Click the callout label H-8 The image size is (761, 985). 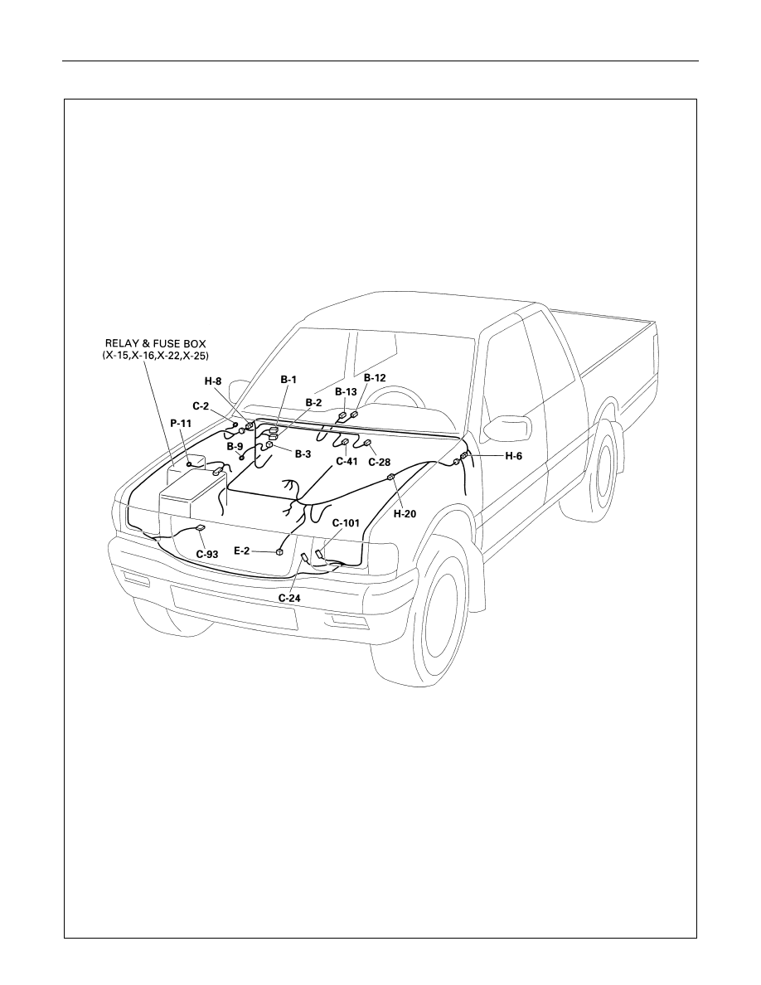tap(213, 381)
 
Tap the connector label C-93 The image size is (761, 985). tap(207, 554)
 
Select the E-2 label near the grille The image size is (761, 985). tap(242, 551)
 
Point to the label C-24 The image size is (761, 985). tap(289, 598)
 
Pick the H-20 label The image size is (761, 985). tap(405, 513)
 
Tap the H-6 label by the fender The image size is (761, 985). tap(514, 456)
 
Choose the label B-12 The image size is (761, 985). tap(375, 378)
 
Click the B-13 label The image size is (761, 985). tap(346, 391)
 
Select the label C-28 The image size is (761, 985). tap(379, 463)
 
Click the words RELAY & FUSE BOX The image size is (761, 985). tap(155, 344)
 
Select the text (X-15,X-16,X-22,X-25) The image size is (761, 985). tap(156, 356)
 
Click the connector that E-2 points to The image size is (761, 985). tap(279, 551)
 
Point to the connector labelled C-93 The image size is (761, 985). tap(201, 527)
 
